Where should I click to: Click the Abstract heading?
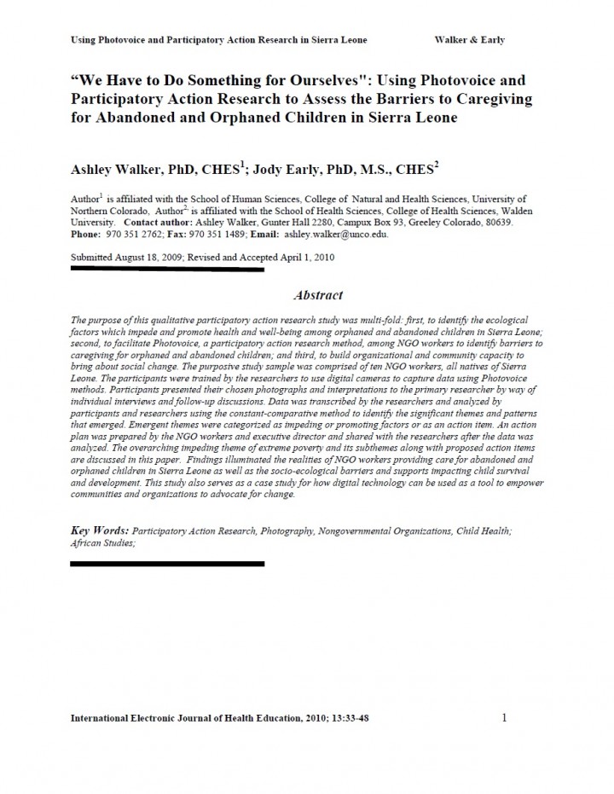[x=317, y=295]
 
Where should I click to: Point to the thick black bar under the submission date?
[x=167, y=269]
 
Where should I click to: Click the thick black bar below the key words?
[x=167, y=564]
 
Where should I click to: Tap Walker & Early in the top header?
[x=469, y=40]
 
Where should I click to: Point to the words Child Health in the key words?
[x=483, y=531]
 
